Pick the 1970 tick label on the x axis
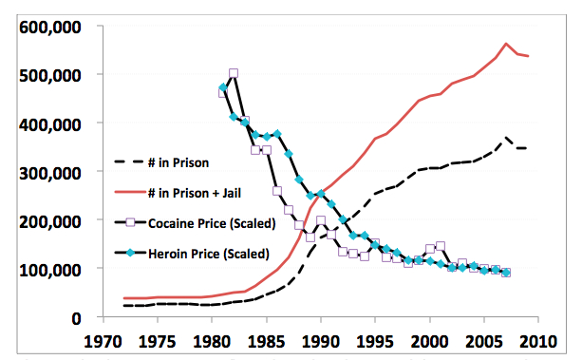click(x=103, y=339)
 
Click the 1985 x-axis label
click(x=266, y=339)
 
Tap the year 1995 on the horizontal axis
click(x=375, y=339)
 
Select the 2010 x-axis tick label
click(x=538, y=339)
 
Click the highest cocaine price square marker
click(x=234, y=73)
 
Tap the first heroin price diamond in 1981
click(x=223, y=87)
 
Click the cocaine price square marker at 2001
click(x=440, y=247)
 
